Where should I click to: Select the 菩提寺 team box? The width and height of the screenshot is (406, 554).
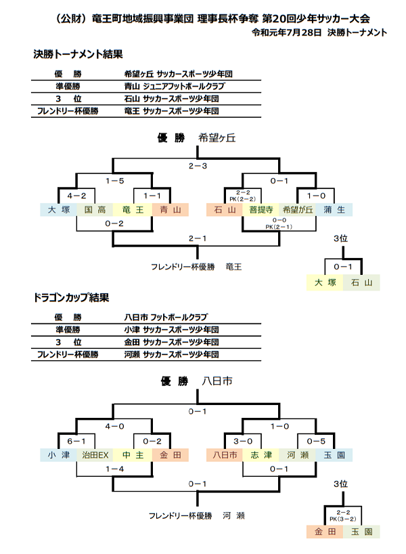[261, 210]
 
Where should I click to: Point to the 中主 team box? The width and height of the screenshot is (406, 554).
[132, 455]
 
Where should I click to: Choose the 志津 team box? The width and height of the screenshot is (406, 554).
[261, 455]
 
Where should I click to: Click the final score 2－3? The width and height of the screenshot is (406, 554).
[196, 165]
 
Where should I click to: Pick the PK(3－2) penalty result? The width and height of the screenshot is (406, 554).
[342, 519]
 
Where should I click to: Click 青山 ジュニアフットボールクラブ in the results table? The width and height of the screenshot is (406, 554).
[174, 87]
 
